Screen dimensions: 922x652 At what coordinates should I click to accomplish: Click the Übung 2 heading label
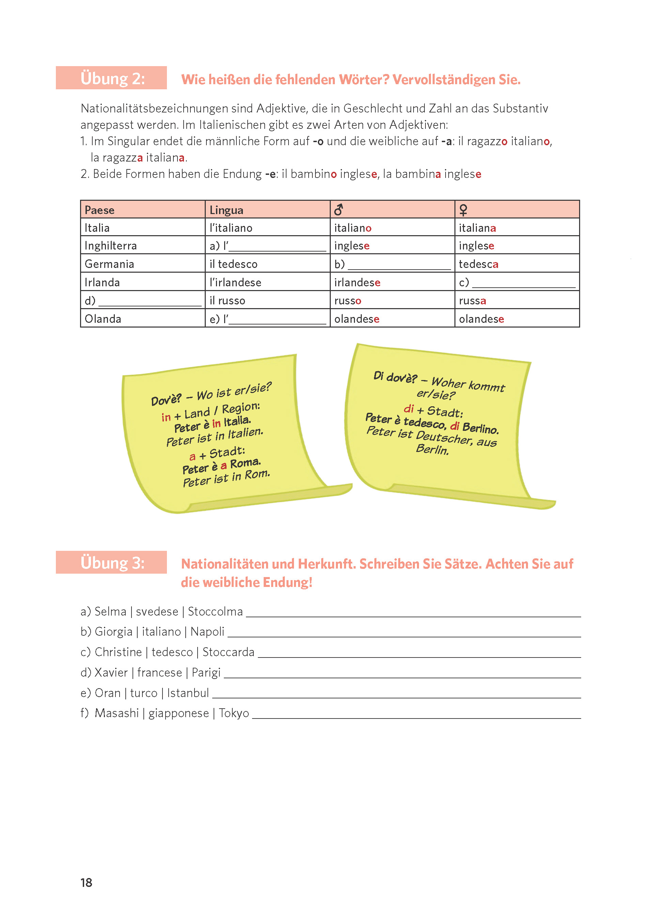(x=112, y=78)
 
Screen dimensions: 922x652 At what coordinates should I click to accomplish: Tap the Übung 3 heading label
(x=112, y=563)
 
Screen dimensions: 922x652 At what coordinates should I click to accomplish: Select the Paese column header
(x=99, y=210)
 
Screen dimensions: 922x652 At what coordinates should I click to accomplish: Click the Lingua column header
(x=227, y=210)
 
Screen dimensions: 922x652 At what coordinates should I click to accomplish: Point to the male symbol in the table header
(x=339, y=209)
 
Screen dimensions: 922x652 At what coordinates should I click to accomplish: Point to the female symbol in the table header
(x=463, y=210)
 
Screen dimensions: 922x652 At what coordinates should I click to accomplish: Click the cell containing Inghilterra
(x=111, y=245)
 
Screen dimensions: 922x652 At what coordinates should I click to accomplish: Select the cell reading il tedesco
(x=233, y=264)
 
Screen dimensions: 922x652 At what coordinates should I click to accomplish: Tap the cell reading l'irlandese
(x=235, y=283)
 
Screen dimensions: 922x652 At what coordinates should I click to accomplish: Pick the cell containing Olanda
(x=103, y=319)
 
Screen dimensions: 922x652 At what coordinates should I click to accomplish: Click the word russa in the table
(x=472, y=301)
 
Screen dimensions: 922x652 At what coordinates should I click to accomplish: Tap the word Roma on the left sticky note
(x=245, y=463)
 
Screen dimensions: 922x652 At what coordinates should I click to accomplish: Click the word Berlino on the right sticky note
(x=480, y=428)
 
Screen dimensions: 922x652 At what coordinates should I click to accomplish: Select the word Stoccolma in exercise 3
(x=215, y=611)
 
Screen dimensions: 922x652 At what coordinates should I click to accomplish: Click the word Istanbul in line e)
(x=188, y=693)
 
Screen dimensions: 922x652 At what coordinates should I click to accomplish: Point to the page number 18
(x=86, y=882)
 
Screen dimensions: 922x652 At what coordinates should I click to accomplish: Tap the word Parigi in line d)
(x=206, y=672)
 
